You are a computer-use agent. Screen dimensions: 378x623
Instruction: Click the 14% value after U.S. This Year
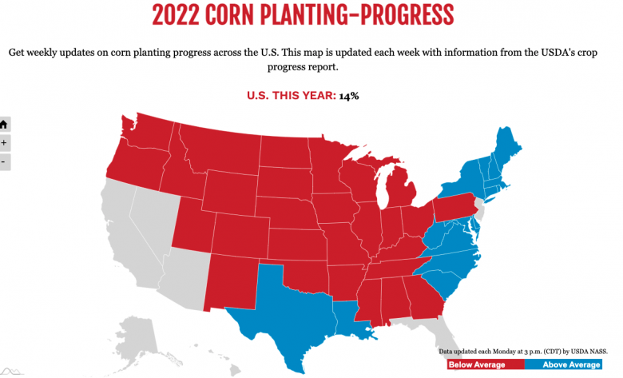[348, 96]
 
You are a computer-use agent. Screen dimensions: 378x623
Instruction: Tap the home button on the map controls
[4, 125]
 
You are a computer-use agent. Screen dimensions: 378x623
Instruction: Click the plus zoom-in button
[4, 143]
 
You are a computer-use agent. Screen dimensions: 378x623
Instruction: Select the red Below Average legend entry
[476, 364]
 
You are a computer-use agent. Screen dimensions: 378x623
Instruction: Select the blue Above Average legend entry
[572, 364]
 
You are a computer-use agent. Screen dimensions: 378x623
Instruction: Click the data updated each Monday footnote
[523, 351]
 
